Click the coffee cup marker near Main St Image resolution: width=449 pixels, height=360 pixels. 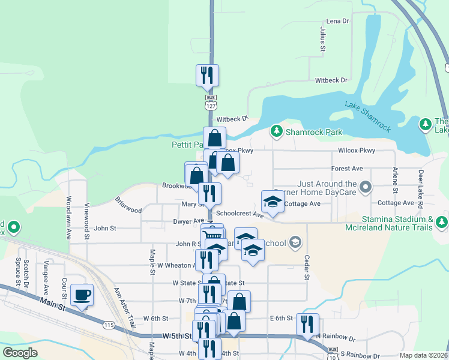coord(82,295)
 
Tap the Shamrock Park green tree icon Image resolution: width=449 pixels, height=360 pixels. coord(276,131)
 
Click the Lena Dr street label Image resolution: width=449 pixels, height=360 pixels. coord(337,21)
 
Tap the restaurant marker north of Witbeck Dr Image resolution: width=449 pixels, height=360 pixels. coord(207,76)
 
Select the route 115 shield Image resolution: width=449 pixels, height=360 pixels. coord(109,325)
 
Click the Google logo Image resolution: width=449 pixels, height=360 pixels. coord(20,352)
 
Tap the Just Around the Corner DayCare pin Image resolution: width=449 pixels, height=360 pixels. coord(364,190)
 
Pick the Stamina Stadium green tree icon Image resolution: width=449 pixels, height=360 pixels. coord(442,223)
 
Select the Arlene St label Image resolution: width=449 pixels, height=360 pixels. coord(395,180)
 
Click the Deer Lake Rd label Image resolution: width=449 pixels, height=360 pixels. coord(421,190)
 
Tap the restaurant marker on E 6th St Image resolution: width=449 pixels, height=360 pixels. coord(307,324)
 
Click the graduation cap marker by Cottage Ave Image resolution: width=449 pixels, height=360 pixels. coord(273,202)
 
